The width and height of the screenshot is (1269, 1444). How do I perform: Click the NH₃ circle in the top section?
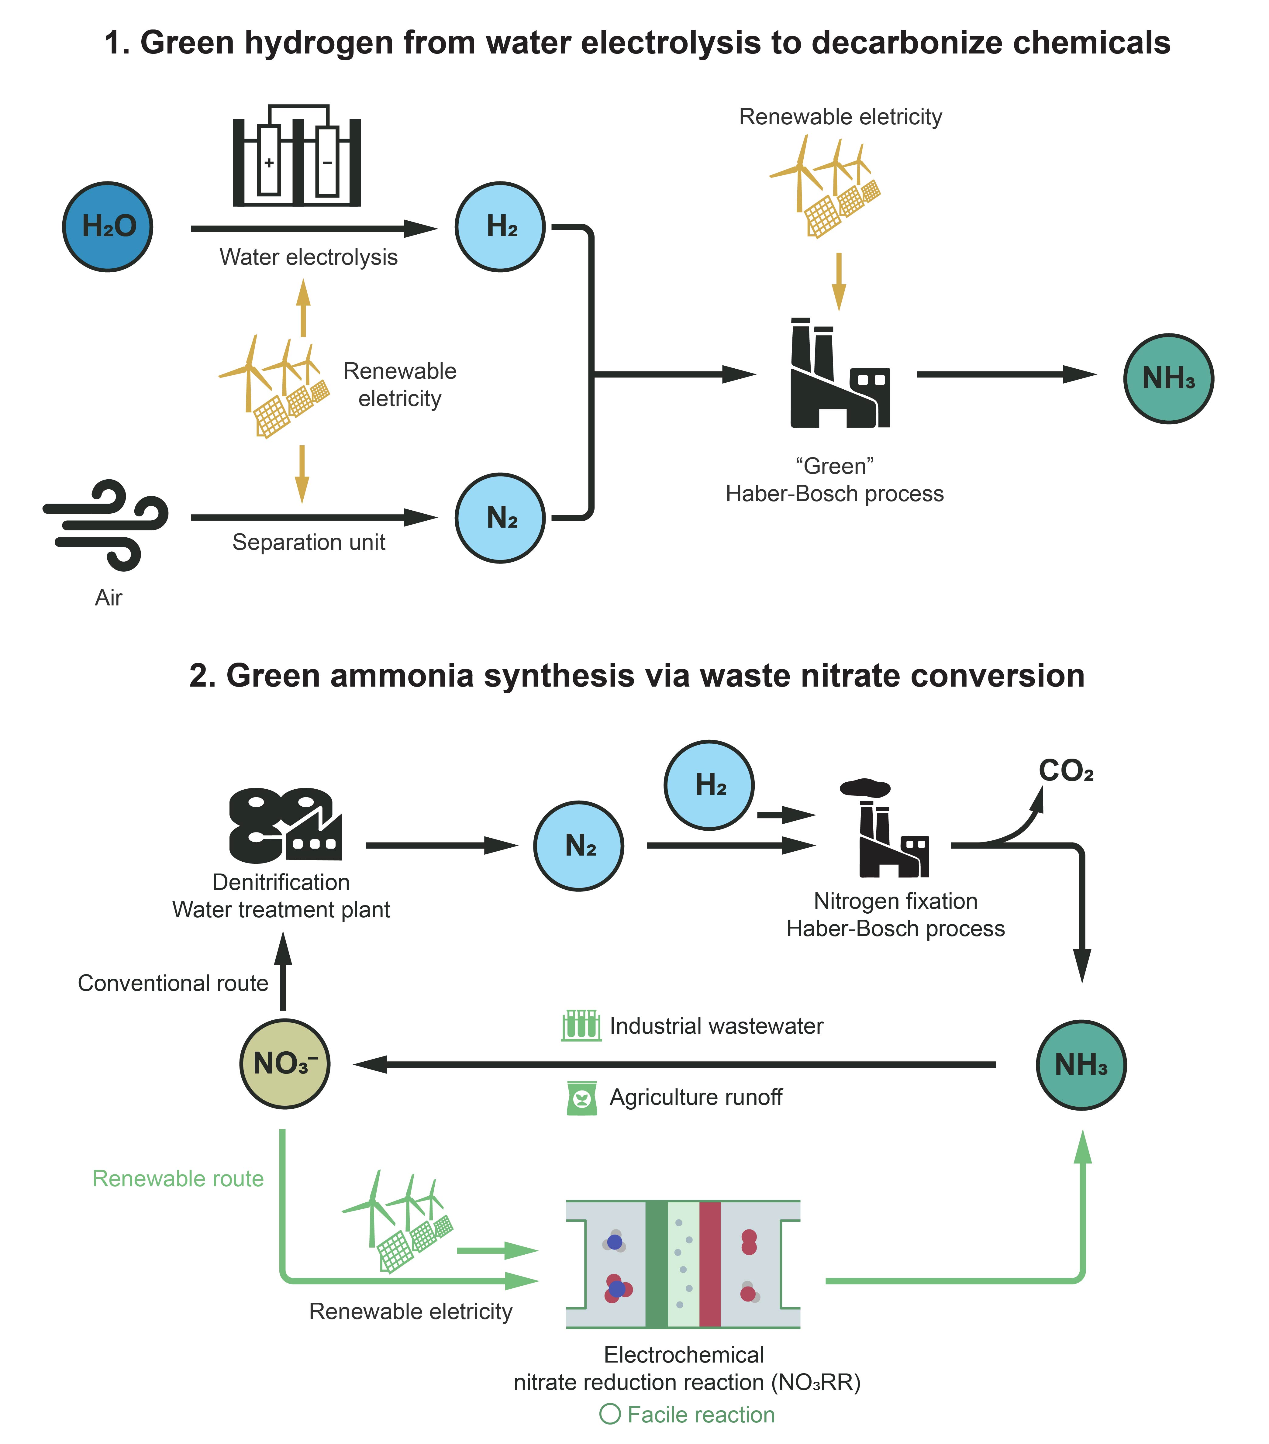(x=1169, y=379)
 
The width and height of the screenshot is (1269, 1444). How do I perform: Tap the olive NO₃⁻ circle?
(x=285, y=1063)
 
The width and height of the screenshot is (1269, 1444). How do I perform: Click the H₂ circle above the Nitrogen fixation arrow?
(x=709, y=785)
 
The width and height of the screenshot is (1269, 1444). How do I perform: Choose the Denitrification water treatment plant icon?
(x=285, y=825)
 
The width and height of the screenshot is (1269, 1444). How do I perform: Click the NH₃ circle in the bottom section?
(x=1081, y=1065)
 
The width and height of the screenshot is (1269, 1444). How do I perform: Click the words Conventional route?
(x=173, y=984)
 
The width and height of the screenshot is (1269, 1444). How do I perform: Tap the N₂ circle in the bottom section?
(x=579, y=846)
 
